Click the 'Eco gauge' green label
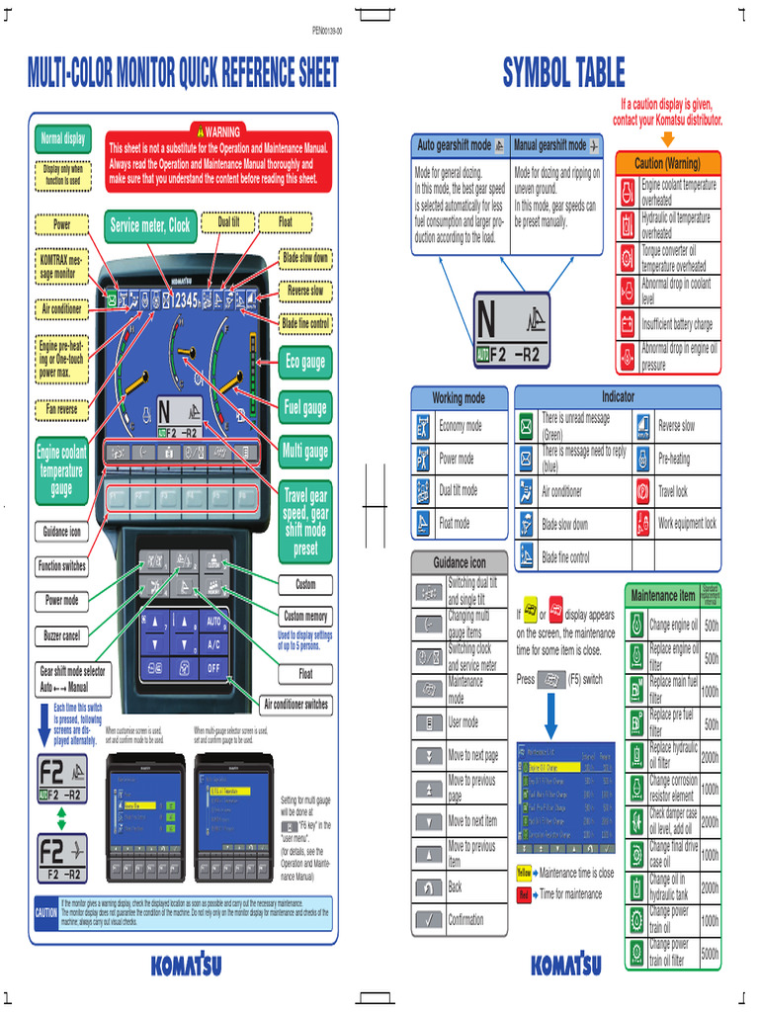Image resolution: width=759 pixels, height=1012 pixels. pyautogui.click(x=305, y=363)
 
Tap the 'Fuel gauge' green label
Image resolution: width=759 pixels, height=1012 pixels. pyautogui.click(x=305, y=407)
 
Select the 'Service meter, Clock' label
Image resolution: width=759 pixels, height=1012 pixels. pyautogui.click(x=150, y=225)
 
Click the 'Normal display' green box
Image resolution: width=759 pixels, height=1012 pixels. pyautogui.click(x=63, y=139)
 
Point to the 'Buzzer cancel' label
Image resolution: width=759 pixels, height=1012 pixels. pyautogui.click(x=61, y=635)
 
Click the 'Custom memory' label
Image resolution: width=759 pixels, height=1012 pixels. pyautogui.click(x=305, y=616)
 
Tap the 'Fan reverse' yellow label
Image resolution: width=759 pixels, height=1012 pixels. pyautogui.click(x=61, y=407)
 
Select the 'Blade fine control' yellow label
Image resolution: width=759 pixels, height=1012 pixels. pyautogui.click(x=305, y=323)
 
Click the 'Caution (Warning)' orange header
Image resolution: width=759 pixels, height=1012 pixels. pyautogui.click(x=667, y=163)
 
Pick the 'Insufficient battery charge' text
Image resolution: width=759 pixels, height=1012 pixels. pyautogui.click(x=677, y=324)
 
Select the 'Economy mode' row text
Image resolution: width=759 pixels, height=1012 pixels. pyautogui.click(x=461, y=427)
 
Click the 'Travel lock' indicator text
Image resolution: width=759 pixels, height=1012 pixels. pyautogui.click(x=673, y=491)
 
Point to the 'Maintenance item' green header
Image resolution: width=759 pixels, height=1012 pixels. pyautogui.click(x=663, y=595)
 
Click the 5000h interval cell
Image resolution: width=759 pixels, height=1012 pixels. pyautogui.click(x=710, y=954)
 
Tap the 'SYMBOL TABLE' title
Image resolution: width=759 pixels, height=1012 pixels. pyautogui.click(x=563, y=72)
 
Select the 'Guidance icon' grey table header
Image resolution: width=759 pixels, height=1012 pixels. pyautogui.click(x=460, y=562)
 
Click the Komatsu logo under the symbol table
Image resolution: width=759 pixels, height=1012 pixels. pyautogui.click(x=565, y=965)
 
